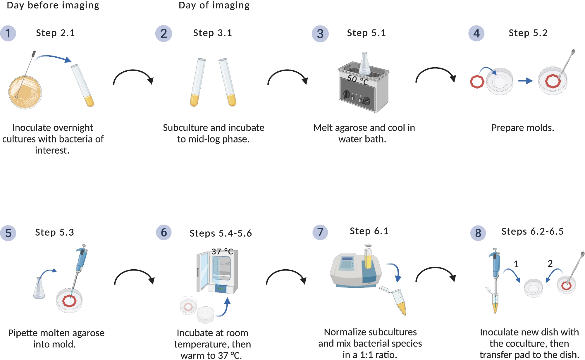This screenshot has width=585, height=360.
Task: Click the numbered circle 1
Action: click(8, 33)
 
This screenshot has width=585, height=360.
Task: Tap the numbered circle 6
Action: click(164, 233)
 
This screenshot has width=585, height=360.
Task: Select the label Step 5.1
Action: click(366, 33)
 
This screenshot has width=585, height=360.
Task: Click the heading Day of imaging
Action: click(214, 5)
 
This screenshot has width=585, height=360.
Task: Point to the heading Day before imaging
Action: click(53, 5)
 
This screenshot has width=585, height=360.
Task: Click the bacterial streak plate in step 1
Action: click(25, 92)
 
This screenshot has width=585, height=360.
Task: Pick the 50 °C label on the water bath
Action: click(357, 80)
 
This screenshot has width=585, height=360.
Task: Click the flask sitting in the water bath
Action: click(364, 64)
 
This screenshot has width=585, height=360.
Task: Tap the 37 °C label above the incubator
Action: click(222, 252)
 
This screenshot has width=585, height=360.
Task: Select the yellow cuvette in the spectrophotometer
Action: click(368, 259)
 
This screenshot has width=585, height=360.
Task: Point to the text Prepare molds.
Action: click(522, 128)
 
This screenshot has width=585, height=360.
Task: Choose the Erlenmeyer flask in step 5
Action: click(39, 288)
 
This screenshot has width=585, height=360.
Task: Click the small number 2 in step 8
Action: click(550, 263)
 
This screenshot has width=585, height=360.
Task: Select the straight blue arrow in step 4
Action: click(525, 81)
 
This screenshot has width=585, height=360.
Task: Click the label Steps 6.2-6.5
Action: click(532, 232)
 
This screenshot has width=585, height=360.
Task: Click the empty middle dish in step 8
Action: click(534, 288)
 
